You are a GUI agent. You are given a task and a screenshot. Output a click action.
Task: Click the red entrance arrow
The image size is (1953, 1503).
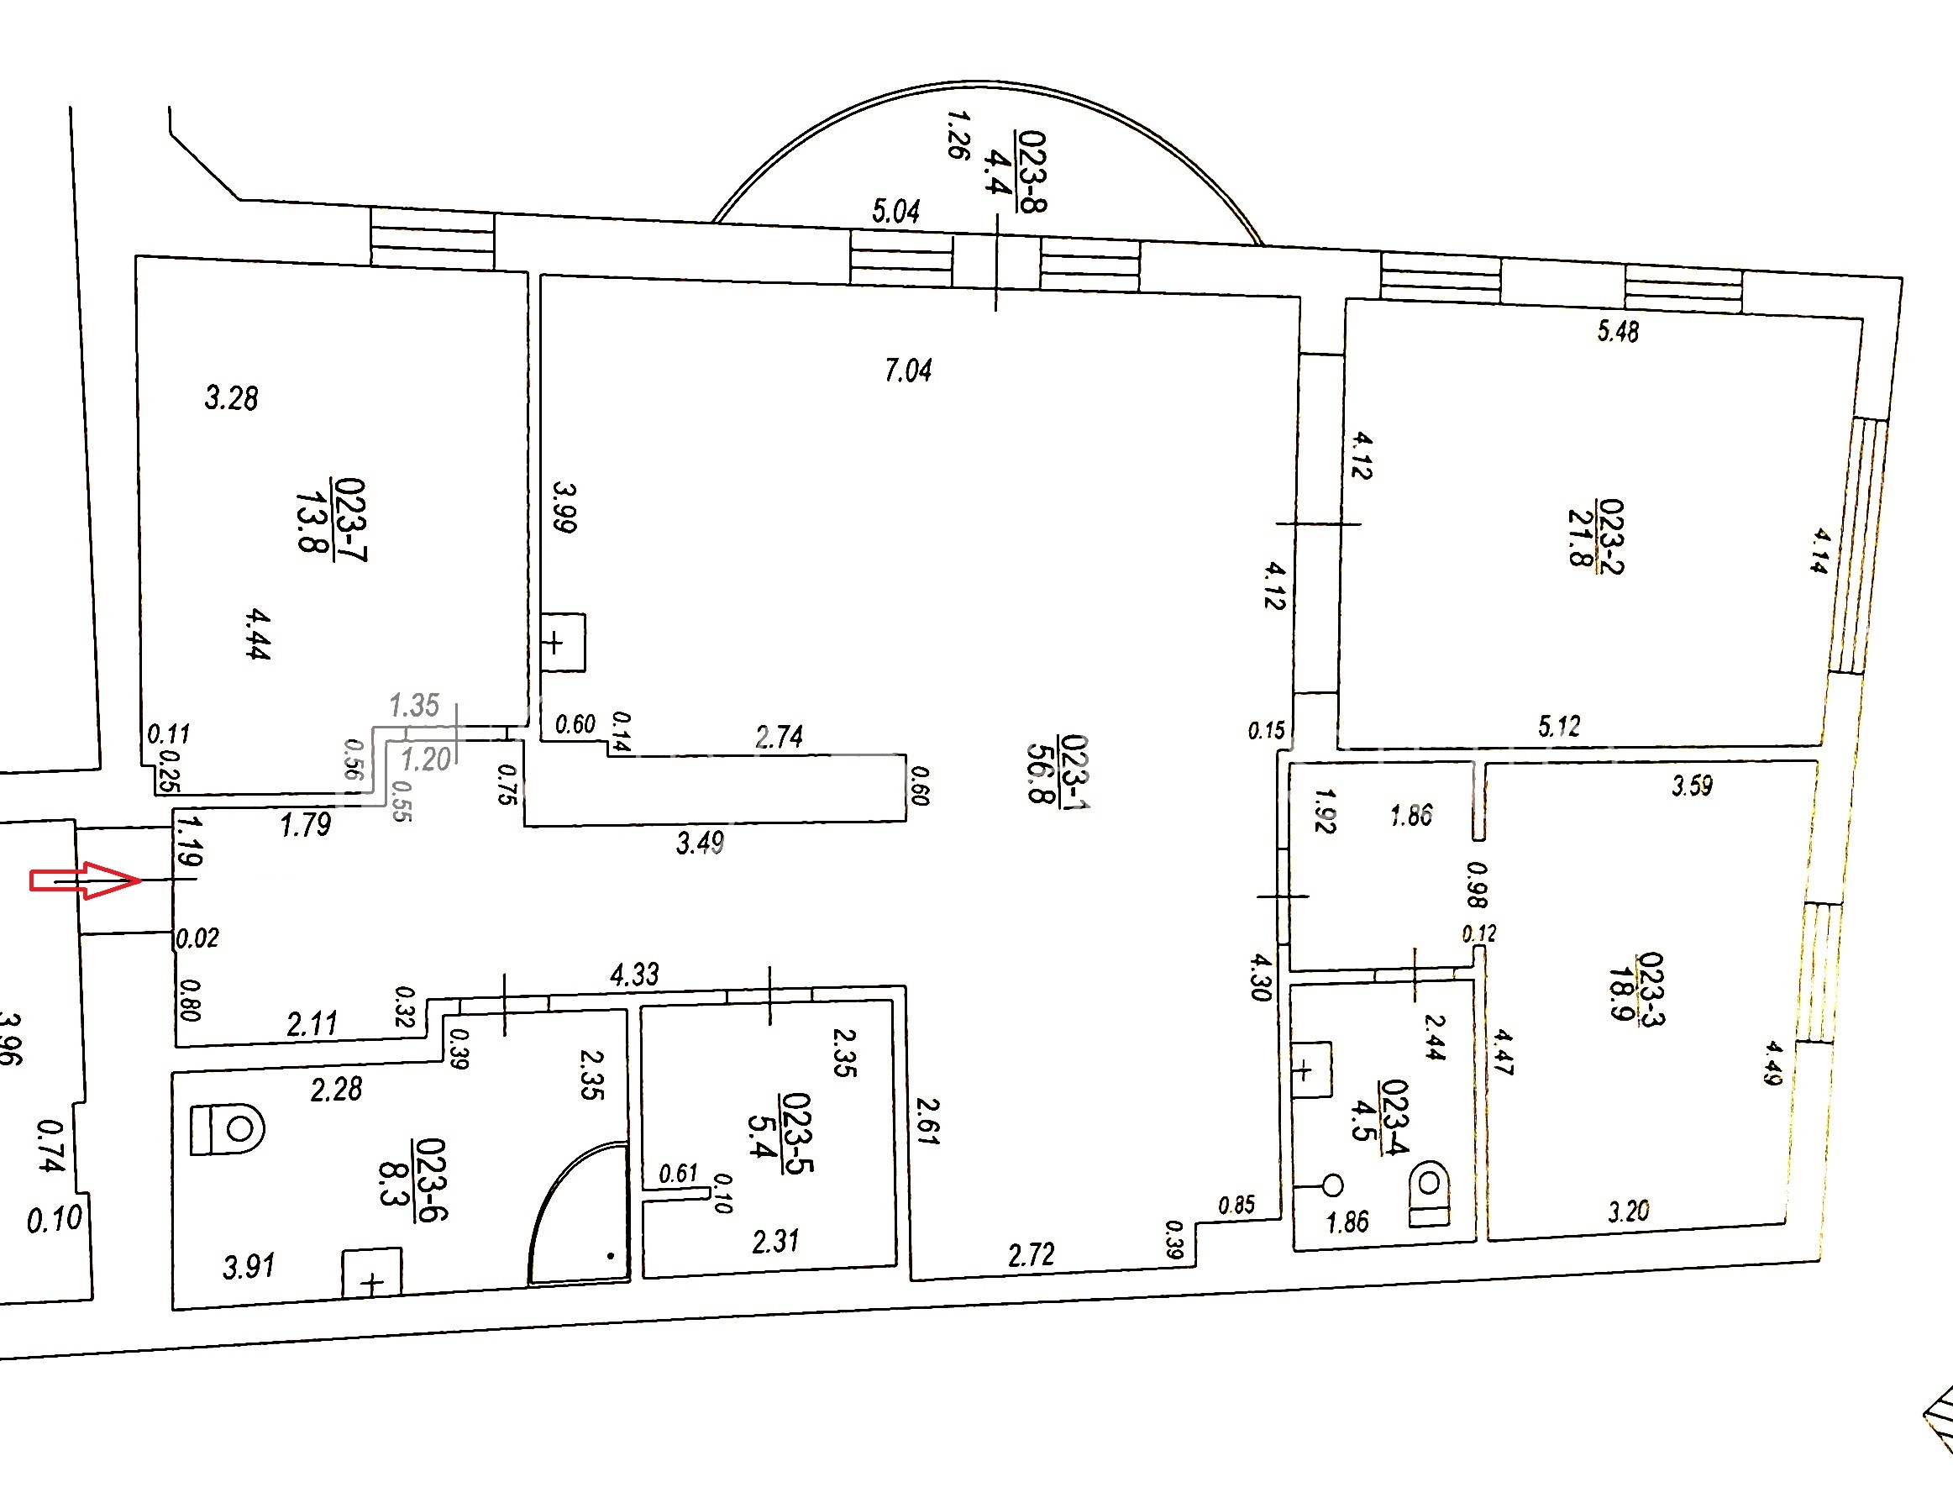coord(86,880)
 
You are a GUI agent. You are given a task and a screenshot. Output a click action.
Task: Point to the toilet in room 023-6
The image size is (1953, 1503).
coord(227,1129)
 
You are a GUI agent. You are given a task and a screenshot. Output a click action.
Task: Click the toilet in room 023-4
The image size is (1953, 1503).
coord(1428,1193)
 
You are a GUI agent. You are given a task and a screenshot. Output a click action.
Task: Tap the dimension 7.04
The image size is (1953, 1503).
coord(908,370)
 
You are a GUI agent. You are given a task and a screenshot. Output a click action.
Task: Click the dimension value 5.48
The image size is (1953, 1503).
coord(1618,332)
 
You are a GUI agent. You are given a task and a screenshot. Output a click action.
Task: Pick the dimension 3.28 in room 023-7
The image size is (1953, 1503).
coord(232,398)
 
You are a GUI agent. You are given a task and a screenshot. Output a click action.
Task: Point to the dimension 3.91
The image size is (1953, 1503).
coord(249,1266)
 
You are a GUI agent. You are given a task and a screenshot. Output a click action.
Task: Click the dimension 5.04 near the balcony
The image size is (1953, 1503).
coord(896,212)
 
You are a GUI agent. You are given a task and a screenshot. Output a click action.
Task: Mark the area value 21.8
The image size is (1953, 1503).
coord(1581,537)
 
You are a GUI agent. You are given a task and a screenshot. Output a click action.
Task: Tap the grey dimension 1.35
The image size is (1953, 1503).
coord(414,706)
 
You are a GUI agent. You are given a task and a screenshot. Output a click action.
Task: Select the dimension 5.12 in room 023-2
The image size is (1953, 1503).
coord(1559,726)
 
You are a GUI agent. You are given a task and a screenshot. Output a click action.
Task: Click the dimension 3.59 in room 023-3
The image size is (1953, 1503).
coord(1692,786)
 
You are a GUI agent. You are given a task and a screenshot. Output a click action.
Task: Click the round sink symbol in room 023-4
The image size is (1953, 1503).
coord(1332,1185)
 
